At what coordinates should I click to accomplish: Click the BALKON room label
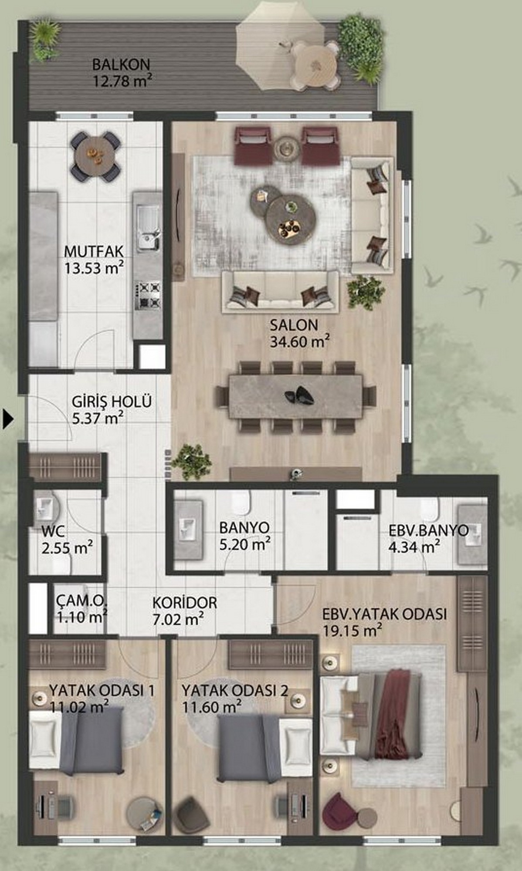pyautogui.click(x=121, y=64)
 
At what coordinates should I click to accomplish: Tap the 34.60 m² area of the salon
pyautogui.click(x=299, y=341)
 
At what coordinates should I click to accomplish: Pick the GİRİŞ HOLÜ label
pyautogui.click(x=112, y=401)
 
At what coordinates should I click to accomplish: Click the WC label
pyautogui.click(x=53, y=531)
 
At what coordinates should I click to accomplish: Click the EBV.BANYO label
pyautogui.click(x=429, y=530)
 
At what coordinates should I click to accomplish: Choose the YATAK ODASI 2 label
pyautogui.click(x=235, y=690)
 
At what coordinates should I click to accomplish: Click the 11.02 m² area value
pyautogui.click(x=79, y=706)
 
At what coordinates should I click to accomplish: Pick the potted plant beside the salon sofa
pyautogui.click(x=366, y=290)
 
